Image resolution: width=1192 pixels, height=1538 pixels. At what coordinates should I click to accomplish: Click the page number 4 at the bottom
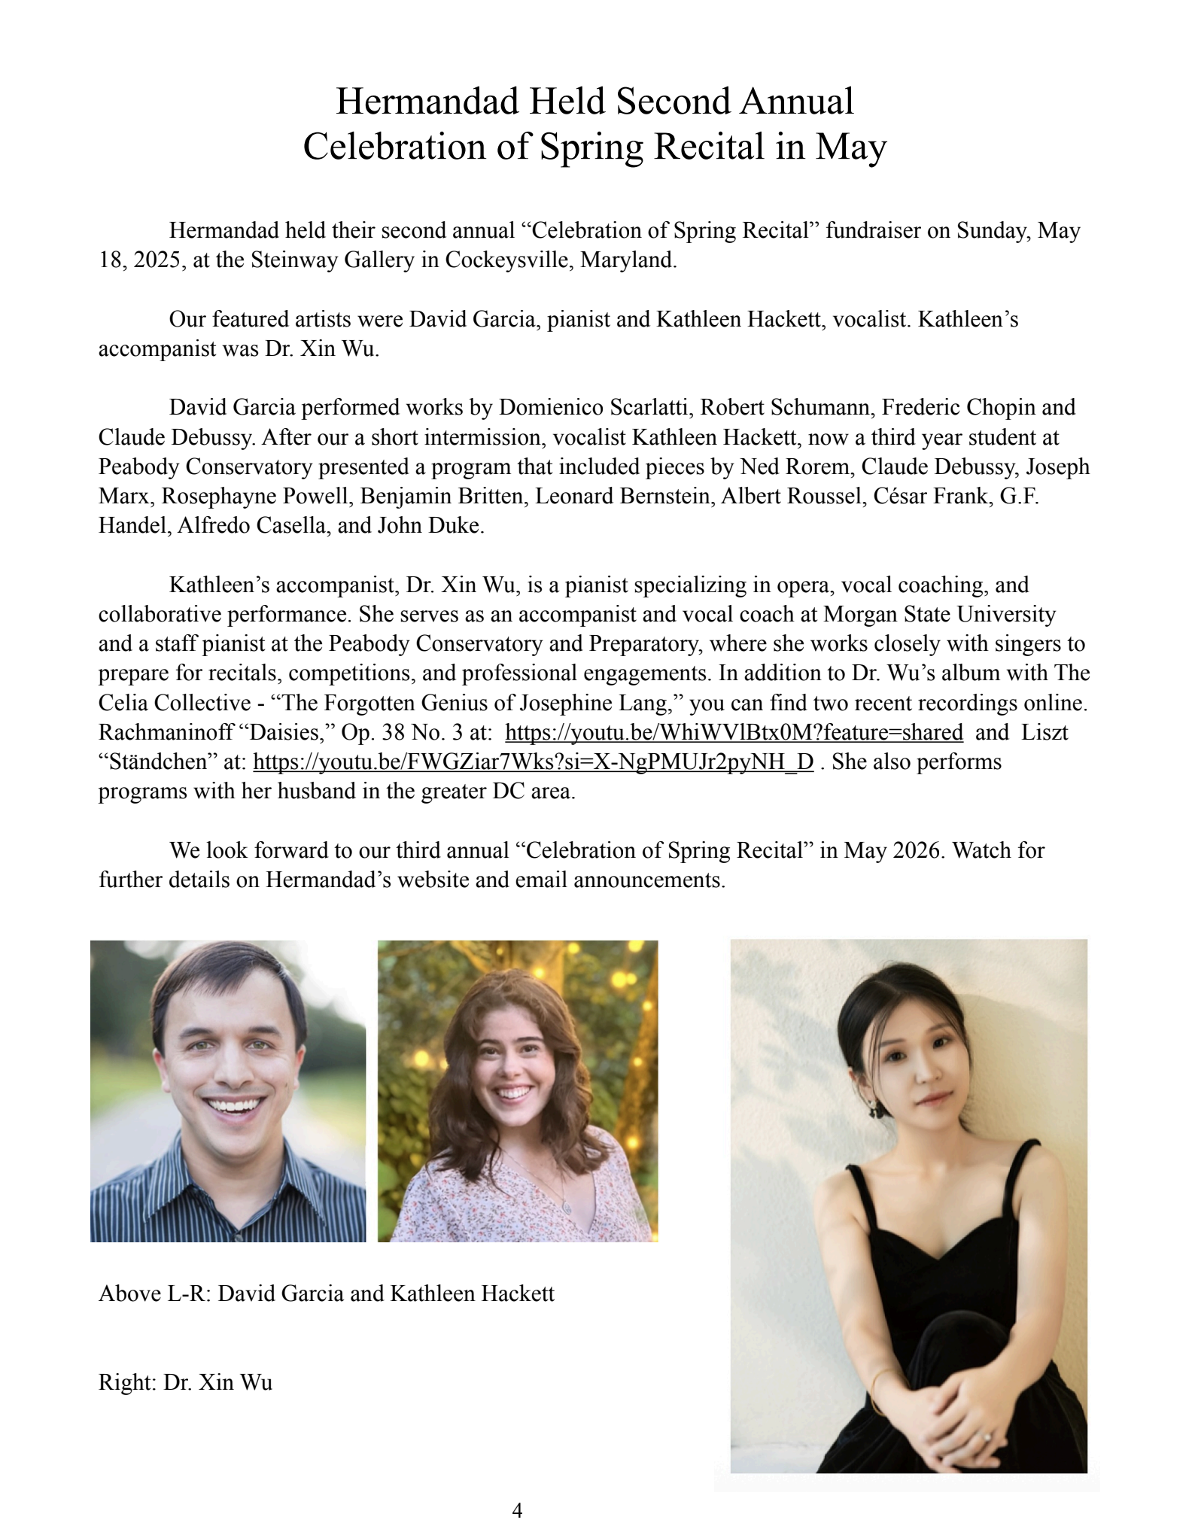point(517,1509)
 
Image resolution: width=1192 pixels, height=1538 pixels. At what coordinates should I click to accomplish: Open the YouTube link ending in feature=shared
point(734,732)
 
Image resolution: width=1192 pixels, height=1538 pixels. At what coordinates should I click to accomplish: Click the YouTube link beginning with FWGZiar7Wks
point(534,761)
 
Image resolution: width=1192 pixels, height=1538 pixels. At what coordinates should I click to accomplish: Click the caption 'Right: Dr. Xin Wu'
point(185,1382)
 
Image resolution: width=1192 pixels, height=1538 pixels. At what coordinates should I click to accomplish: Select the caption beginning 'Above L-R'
point(326,1293)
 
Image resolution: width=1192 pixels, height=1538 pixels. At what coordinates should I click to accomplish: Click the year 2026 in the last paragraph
point(917,850)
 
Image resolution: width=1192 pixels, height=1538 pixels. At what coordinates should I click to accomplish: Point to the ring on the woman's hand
point(987,1436)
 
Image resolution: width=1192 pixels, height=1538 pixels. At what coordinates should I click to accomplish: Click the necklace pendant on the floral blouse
point(566,1207)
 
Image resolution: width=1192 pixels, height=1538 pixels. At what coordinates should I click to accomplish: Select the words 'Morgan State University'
point(939,614)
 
